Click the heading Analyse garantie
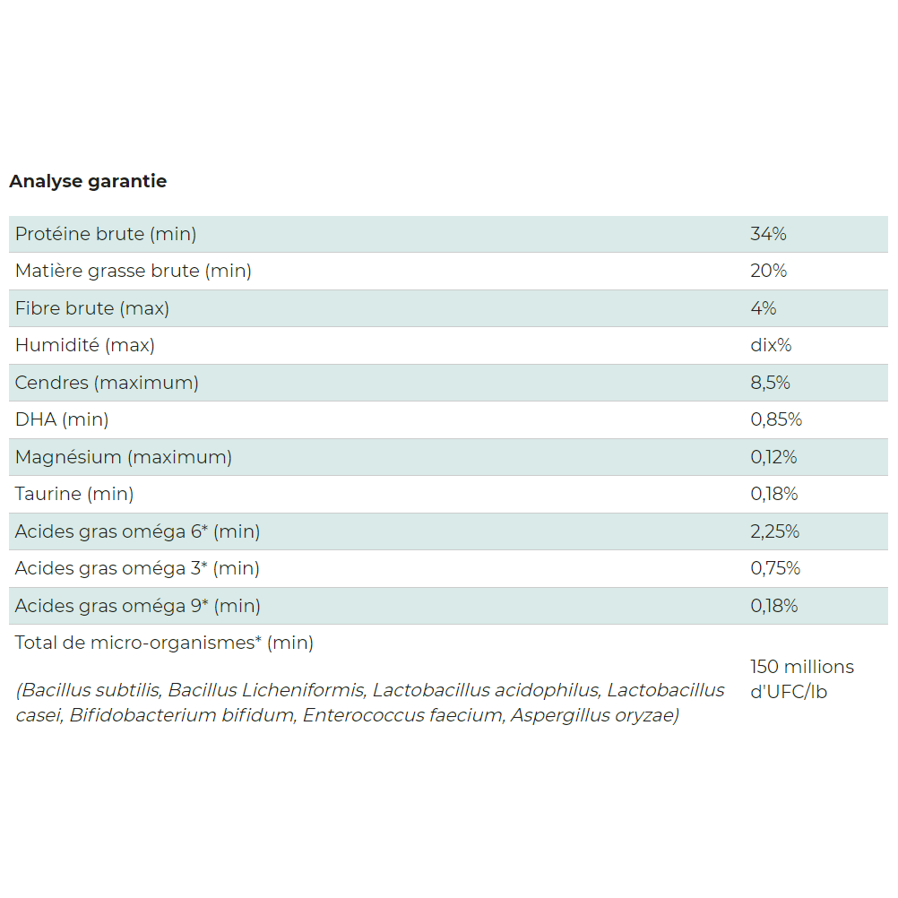88,181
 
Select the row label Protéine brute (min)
106,234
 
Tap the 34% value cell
768,234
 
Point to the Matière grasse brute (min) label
134,271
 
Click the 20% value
768,271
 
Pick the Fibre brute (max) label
92,308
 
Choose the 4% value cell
764,308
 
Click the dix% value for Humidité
771,345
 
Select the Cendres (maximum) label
107,383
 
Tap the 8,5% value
770,383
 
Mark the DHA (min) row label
62,419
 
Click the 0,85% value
776,419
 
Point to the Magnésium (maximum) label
124,457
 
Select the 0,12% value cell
773,457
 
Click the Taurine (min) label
74,494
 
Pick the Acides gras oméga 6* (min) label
137,531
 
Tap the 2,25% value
775,531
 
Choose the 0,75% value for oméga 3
775,568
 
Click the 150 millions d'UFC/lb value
801,679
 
